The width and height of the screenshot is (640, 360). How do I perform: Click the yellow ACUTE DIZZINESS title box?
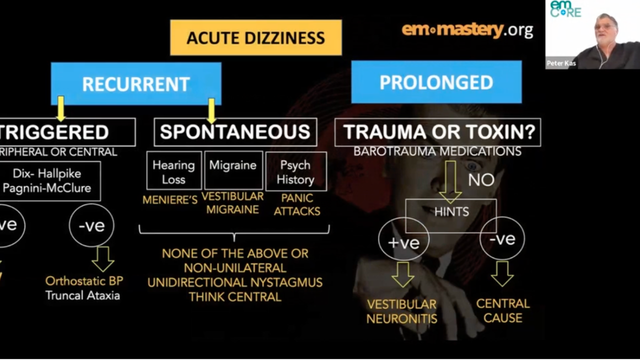(255, 37)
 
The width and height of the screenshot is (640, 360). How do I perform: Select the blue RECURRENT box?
(135, 83)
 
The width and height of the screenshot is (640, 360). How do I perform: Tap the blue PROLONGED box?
(436, 82)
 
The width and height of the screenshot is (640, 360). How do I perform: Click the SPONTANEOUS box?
(235, 132)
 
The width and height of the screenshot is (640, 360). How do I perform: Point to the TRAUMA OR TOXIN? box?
(437, 132)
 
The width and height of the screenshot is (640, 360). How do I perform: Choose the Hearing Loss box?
(173, 171)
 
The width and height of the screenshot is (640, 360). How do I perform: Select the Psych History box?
(295, 172)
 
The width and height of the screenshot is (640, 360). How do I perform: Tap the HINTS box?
(451, 211)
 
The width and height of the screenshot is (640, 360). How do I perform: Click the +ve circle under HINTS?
(403, 243)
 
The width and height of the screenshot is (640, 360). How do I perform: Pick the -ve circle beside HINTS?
(502, 239)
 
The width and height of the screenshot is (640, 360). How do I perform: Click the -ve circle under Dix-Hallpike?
(91, 225)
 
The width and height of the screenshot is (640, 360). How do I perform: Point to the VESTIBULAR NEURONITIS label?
(401, 311)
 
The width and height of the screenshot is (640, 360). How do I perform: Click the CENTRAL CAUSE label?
(502, 310)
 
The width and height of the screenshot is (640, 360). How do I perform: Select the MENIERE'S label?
(170, 200)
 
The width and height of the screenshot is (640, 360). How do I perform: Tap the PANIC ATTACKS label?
(297, 204)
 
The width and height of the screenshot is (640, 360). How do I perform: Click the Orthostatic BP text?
(84, 281)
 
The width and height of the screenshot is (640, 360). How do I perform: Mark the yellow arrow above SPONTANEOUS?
(211, 110)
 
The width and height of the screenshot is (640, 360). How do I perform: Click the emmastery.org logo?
(467, 30)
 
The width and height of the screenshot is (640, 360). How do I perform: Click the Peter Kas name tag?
(561, 63)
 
